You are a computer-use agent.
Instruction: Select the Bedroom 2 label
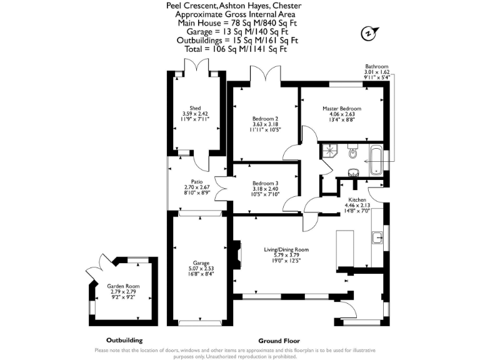(x=265, y=119)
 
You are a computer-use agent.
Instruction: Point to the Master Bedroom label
(x=341, y=109)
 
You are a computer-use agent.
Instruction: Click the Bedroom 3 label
(x=266, y=183)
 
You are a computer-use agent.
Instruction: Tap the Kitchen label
(x=357, y=199)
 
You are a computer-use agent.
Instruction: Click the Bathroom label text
(x=377, y=67)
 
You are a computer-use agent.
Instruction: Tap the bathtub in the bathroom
(x=376, y=161)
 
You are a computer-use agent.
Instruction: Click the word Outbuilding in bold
(x=125, y=341)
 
